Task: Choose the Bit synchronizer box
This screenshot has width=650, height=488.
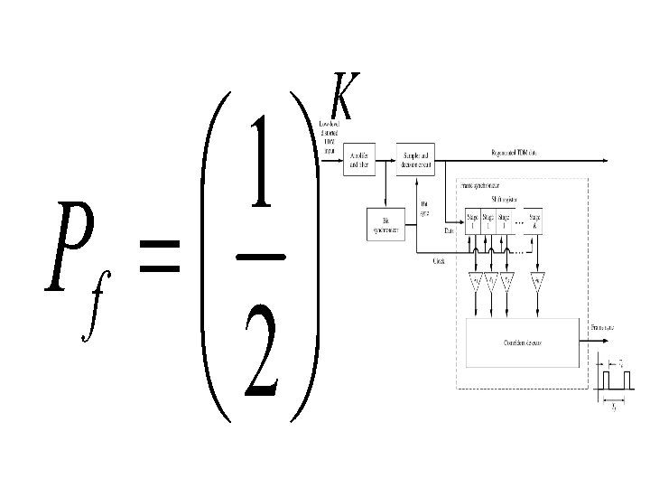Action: coord(386,224)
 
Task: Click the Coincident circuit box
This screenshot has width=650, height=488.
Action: coord(524,341)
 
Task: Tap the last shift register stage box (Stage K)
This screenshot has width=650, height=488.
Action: coord(535,221)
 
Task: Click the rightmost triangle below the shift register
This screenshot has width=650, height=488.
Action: coord(540,283)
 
